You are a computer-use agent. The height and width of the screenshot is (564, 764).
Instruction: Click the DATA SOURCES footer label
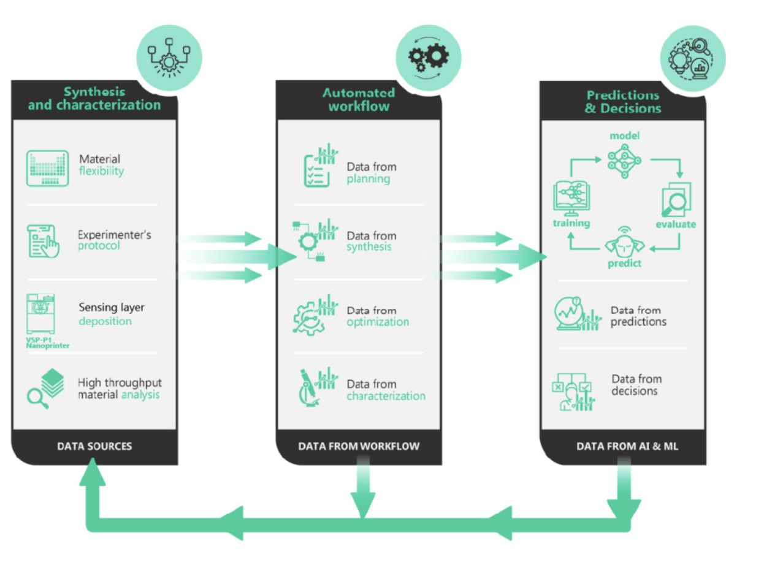pyautogui.click(x=94, y=446)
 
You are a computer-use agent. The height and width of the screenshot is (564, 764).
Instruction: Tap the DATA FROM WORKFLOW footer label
pyautogui.click(x=359, y=446)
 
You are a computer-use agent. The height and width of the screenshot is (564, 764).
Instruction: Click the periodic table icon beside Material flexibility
pyautogui.click(x=48, y=168)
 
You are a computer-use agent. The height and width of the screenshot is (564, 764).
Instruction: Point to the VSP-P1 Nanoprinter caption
pyautogui.click(x=47, y=342)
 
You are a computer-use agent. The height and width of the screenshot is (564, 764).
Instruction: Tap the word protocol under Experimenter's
pyautogui.click(x=99, y=246)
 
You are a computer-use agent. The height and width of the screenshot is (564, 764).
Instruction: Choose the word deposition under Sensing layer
pyautogui.click(x=105, y=321)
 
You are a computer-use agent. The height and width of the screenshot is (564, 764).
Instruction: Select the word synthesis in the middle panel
pyautogui.click(x=369, y=247)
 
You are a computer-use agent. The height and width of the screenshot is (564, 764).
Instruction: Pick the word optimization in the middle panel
pyautogui.click(x=378, y=322)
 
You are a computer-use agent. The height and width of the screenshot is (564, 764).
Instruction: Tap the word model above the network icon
pyautogui.click(x=624, y=135)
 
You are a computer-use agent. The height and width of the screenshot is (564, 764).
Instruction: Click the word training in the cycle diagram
pyautogui.click(x=571, y=223)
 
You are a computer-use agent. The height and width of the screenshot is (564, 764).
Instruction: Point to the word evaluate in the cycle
pyautogui.click(x=676, y=224)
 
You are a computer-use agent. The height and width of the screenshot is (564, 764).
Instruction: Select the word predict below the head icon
pyautogui.click(x=625, y=263)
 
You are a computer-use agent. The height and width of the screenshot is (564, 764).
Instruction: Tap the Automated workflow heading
pyautogui.click(x=359, y=99)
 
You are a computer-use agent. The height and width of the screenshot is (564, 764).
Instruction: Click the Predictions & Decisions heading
pyautogui.click(x=623, y=102)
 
